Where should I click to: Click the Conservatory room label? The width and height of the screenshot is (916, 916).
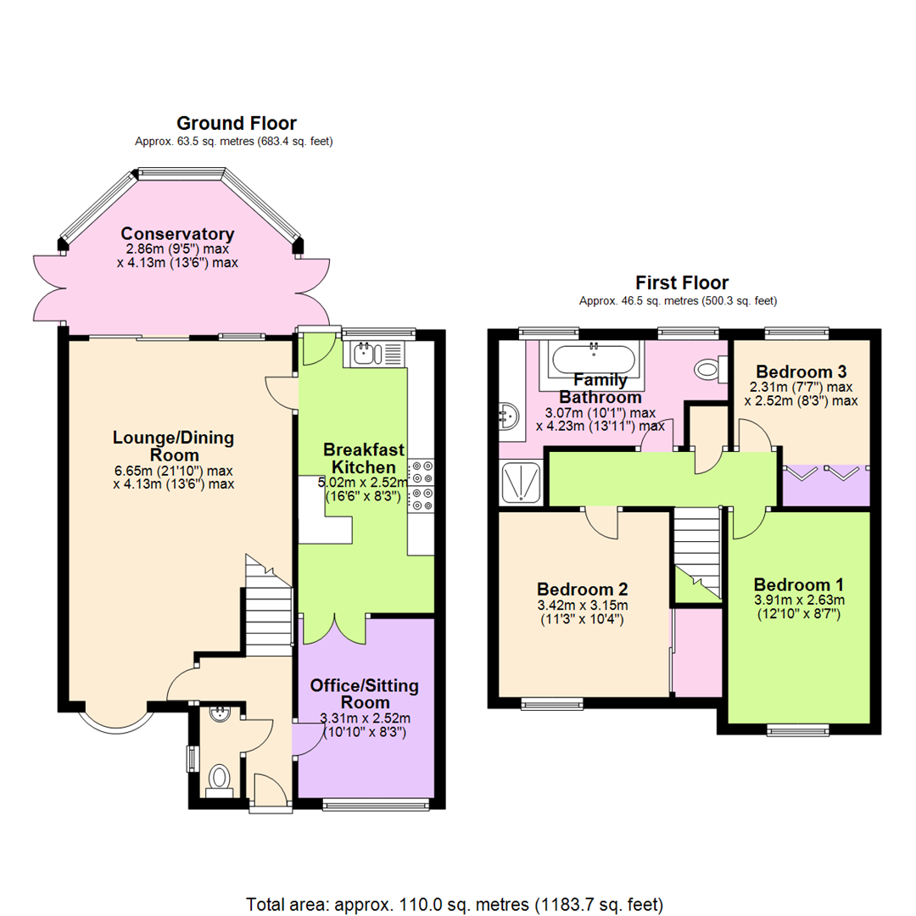coord(177,234)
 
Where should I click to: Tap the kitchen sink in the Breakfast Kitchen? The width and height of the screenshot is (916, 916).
coord(366,353)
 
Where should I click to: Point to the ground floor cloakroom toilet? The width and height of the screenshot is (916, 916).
coord(220,778)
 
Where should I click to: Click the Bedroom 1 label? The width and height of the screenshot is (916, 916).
coord(798,585)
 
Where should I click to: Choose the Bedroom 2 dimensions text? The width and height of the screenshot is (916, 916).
coord(582,612)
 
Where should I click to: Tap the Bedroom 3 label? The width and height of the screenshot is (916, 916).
coord(801,371)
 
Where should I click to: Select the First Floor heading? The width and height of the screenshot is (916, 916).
coord(682,282)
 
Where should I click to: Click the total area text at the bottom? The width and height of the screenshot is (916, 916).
coord(455,903)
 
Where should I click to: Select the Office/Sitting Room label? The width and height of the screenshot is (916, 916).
coord(364,694)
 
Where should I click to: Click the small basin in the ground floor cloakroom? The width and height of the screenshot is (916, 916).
coord(220,713)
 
